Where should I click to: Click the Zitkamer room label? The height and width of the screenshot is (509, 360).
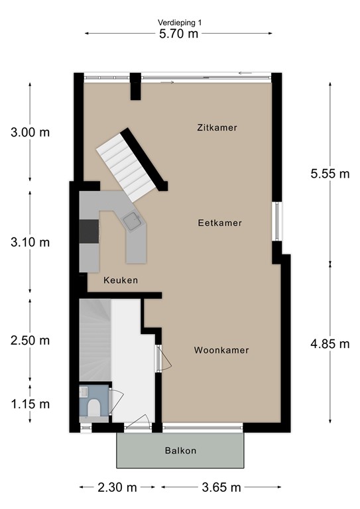(x=217, y=127)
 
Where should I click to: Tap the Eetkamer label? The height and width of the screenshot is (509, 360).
(x=219, y=223)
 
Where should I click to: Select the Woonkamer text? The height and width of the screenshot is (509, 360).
(x=221, y=350)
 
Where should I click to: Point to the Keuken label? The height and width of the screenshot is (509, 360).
(x=121, y=280)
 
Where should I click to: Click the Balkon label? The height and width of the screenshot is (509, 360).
(x=180, y=451)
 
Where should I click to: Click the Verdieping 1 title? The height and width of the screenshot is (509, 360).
(x=180, y=23)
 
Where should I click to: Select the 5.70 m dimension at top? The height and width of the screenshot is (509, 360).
(x=179, y=34)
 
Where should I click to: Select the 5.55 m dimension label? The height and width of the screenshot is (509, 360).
(x=330, y=174)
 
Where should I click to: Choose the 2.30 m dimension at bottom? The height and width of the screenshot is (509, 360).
(x=117, y=487)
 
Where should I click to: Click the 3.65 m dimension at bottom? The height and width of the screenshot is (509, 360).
(x=221, y=487)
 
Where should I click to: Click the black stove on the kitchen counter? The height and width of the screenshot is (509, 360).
(x=88, y=232)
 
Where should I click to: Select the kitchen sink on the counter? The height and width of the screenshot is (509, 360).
(x=132, y=221)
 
